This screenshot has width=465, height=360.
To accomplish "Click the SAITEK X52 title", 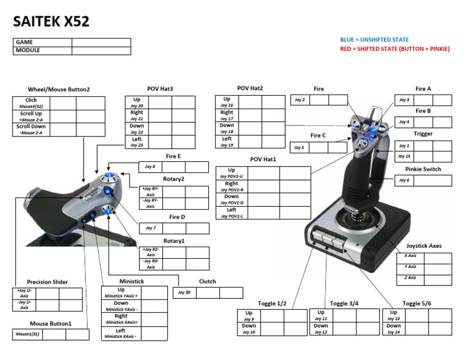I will click(x=51, y=22).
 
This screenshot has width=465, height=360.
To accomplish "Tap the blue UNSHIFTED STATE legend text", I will click(x=374, y=40).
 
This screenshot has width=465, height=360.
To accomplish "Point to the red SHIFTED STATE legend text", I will click(x=395, y=49).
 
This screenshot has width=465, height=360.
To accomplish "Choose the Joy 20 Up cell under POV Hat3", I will click(x=136, y=101).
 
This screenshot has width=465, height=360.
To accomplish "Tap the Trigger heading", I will click(x=423, y=133).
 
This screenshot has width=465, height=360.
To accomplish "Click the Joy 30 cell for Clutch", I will click(x=184, y=293).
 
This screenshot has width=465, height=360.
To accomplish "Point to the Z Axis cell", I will click(x=410, y=278).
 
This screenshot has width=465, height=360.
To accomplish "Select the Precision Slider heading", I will click(x=48, y=282).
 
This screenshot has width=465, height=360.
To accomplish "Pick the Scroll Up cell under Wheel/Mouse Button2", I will click(x=31, y=116).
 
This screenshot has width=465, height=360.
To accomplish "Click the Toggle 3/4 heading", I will click(x=344, y=303).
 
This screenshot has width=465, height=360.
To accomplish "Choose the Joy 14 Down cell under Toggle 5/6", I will click(x=394, y=329).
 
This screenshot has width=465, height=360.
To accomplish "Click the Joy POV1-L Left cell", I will click(x=231, y=213).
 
